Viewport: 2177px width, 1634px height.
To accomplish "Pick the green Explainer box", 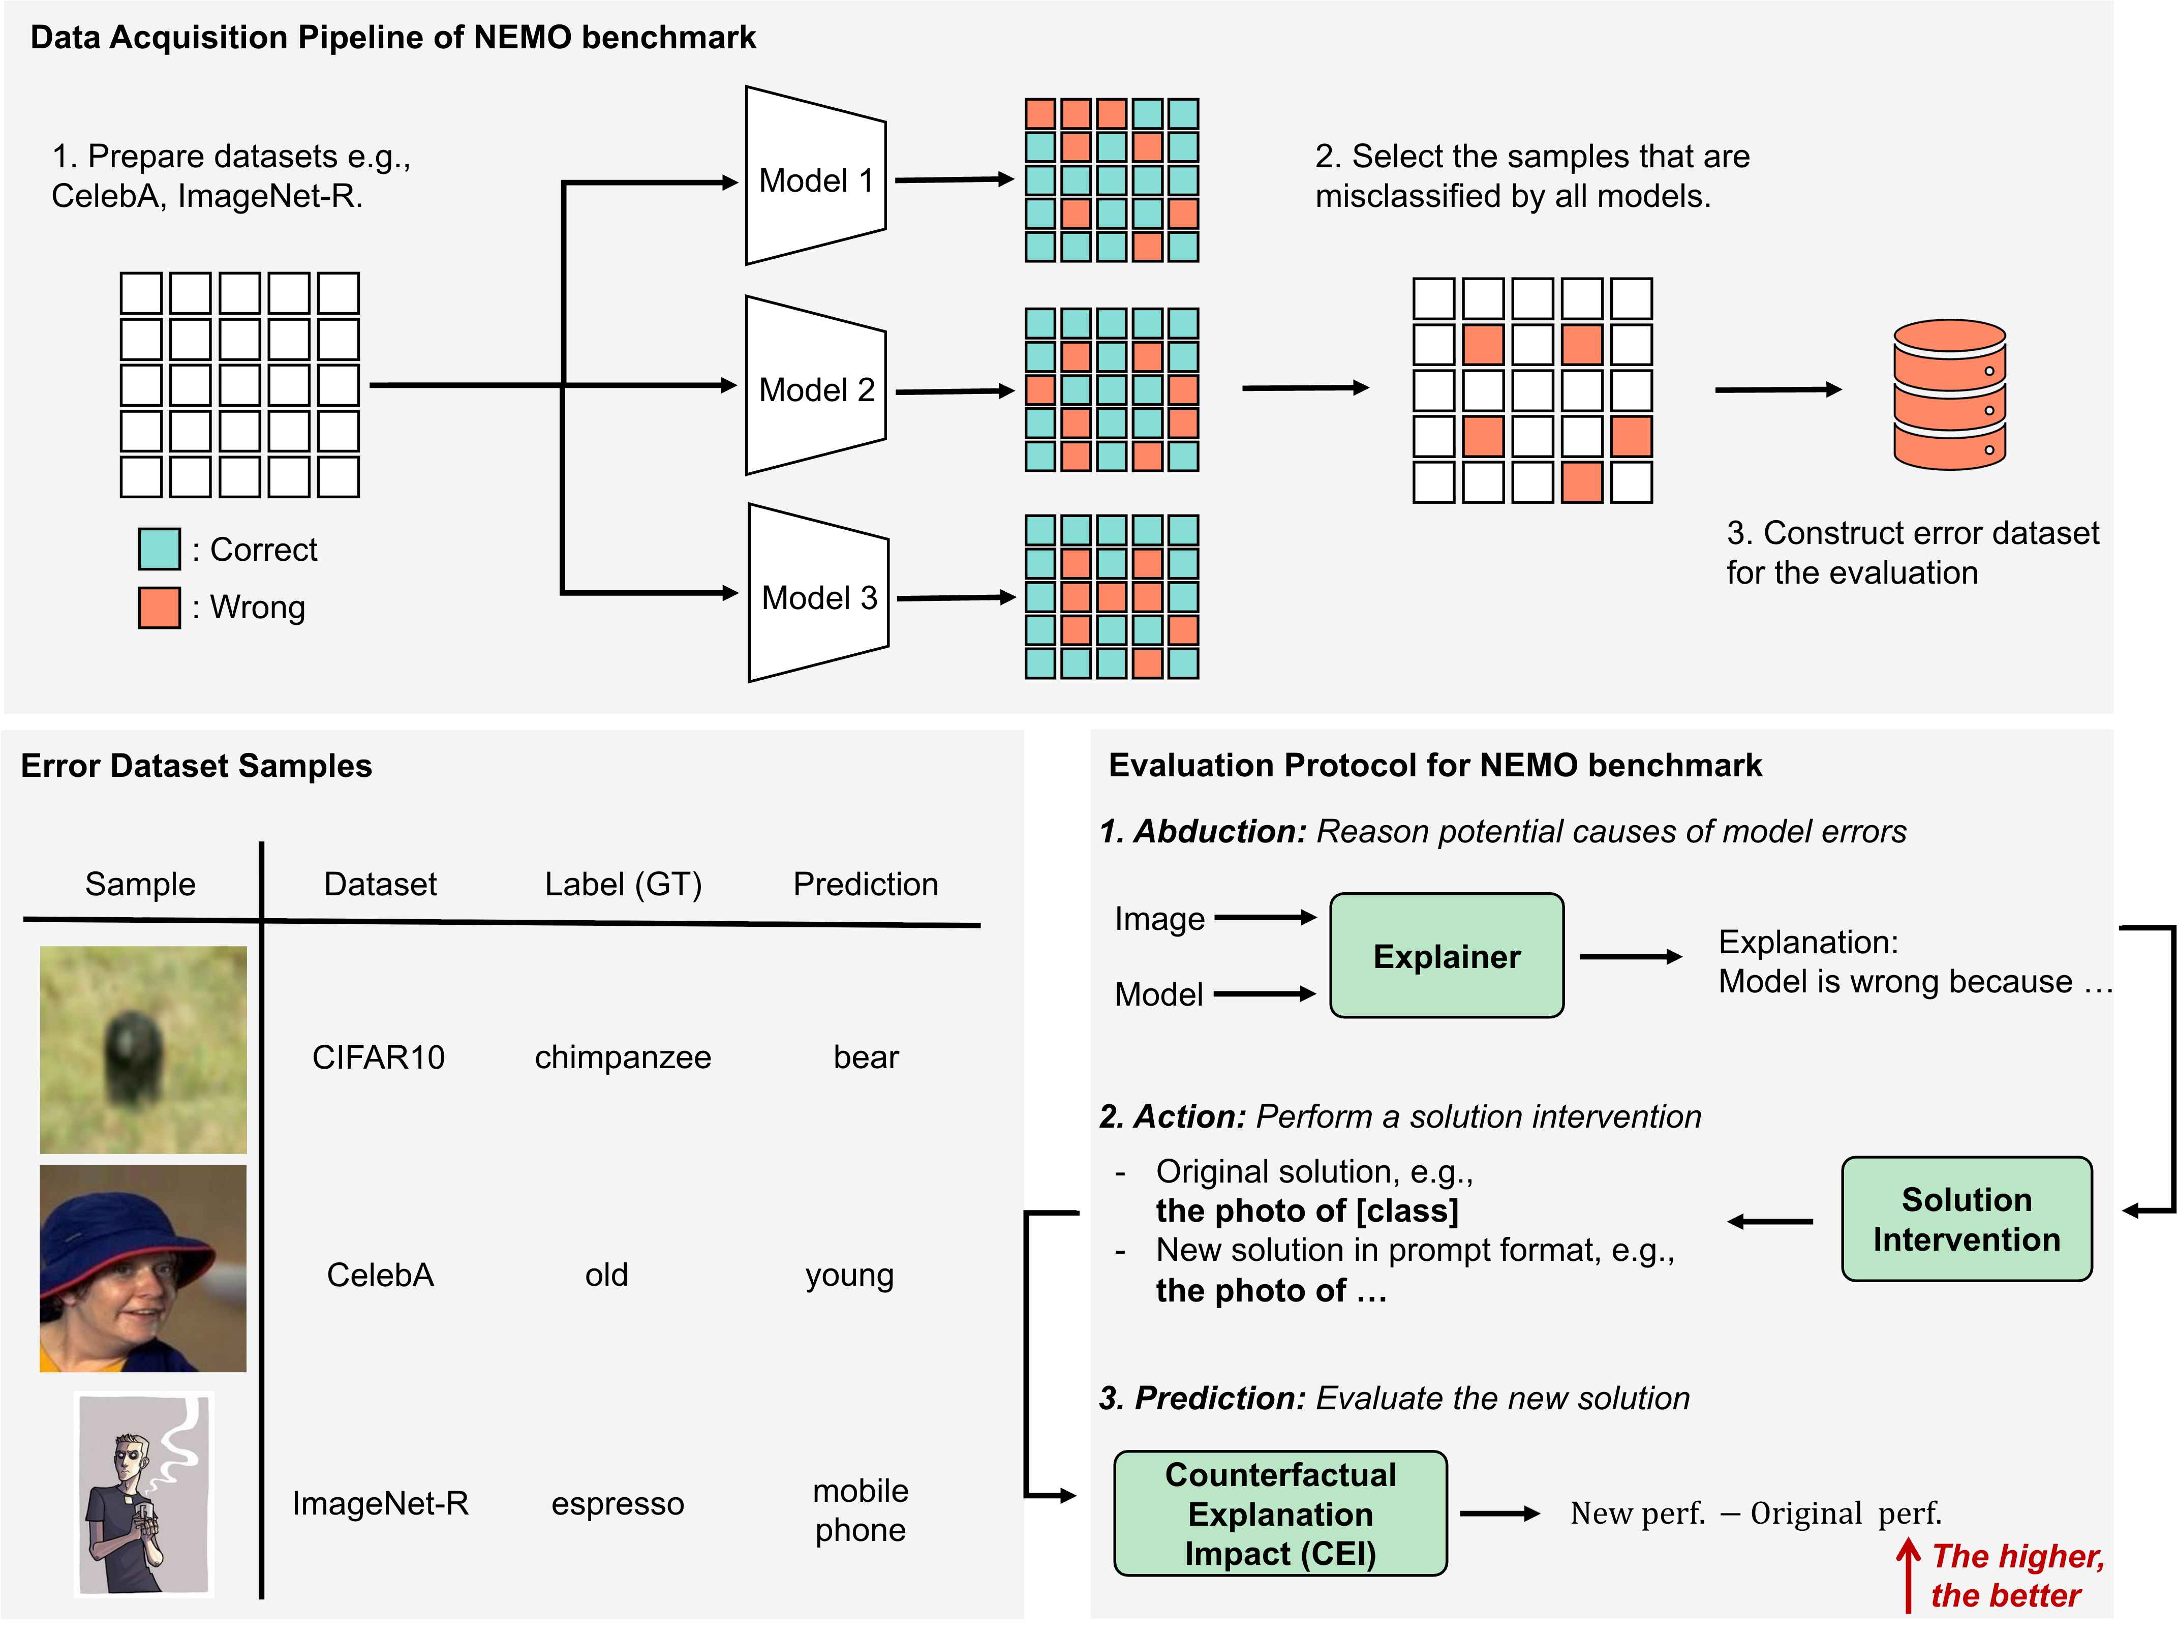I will coord(1446,956).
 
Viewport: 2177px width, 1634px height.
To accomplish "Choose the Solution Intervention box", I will coord(1966,1219).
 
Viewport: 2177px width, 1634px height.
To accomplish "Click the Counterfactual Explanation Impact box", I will coord(1279,1513).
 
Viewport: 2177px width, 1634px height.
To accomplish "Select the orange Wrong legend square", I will coord(160,608).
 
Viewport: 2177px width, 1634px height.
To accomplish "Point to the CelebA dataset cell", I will coord(380,1275).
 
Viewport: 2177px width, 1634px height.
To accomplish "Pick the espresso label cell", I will coord(617,1503).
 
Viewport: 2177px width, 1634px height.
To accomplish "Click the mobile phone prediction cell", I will coord(860,1510).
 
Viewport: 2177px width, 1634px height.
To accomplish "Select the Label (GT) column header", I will coord(623,884).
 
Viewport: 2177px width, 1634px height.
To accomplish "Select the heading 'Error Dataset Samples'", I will coord(196,766).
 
